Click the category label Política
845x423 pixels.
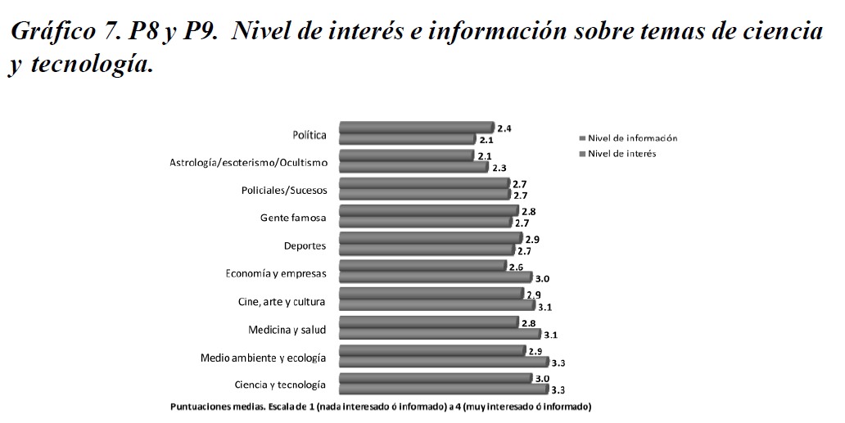pos(310,135)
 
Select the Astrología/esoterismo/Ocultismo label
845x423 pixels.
pos(248,163)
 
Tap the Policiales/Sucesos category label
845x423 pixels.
pos(284,191)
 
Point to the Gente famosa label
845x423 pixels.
pos(293,218)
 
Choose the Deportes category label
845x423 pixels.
pos(305,245)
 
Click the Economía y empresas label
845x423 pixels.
pos(276,273)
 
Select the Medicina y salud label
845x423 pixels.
pos(287,330)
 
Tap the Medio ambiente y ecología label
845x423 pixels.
pos(264,358)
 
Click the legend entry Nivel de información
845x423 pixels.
pos(633,137)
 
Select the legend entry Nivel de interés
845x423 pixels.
pos(622,153)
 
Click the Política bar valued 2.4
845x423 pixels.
pos(416,128)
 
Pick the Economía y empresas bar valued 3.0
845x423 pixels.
pos(435,277)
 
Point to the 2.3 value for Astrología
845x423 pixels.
pos(499,168)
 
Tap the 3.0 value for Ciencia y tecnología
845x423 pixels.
pos(542,378)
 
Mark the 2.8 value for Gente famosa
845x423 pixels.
pos(528,212)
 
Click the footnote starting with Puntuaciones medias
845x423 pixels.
pos(380,407)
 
